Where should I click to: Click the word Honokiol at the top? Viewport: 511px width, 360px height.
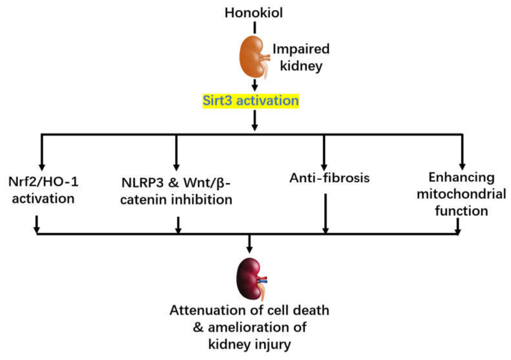point(253,13)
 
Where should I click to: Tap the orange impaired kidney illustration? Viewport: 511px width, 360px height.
point(254,57)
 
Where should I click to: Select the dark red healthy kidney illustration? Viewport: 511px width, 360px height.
point(251,279)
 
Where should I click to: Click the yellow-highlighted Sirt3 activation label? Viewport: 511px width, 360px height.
point(251,101)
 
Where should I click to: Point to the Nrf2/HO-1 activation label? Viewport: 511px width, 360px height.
point(43,190)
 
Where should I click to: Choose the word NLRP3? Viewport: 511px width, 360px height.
point(142,183)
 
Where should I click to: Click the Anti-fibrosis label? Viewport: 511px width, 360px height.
point(329,178)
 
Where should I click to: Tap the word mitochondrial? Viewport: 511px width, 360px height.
point(461,194)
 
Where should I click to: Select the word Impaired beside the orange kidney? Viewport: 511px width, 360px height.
point(301,49)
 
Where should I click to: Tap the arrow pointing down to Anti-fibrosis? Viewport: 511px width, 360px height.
point(324,152)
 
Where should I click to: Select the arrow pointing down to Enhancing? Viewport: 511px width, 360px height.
point(462,152)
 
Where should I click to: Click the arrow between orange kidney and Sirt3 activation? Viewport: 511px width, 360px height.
point(255,85)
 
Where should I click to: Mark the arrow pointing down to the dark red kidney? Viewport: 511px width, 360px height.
point(249,244)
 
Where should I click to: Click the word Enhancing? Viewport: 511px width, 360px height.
point(462,178)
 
